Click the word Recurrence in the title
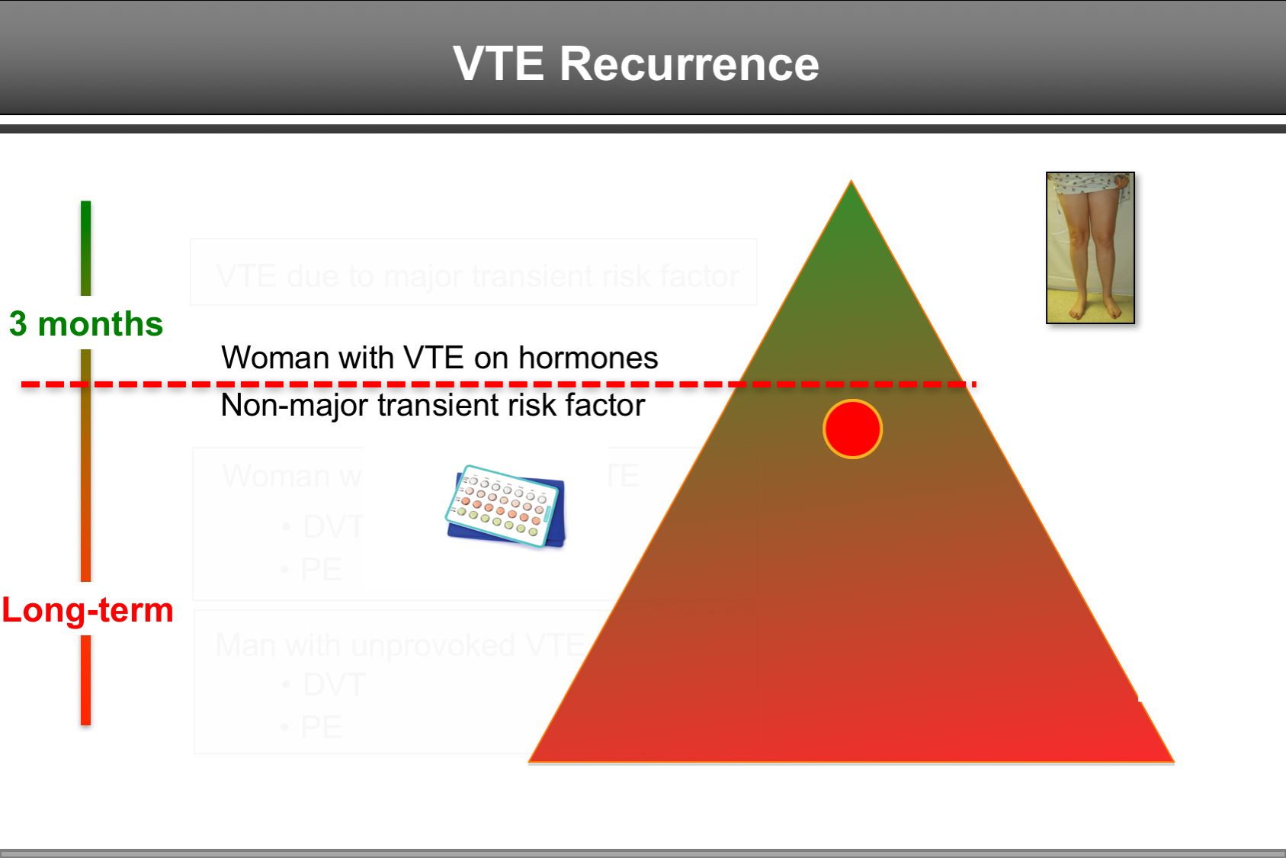point(689,63)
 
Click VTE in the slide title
point(498,63)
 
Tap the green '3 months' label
point(86,324)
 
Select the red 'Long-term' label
point(88,610)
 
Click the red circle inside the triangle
point(852,429)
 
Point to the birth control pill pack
point(505,506)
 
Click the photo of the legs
point(1090,248)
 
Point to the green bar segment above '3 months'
point(86,248)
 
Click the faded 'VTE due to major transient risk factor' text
point(477,275)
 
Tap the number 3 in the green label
point(18,324)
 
